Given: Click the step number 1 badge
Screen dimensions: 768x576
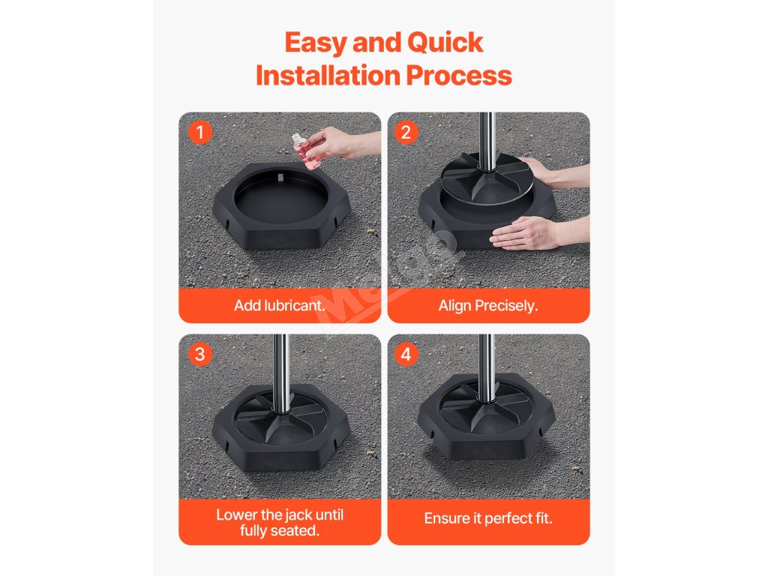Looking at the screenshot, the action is [x=199, y=132].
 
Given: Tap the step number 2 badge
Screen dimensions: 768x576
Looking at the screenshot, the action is [x=406, y=132].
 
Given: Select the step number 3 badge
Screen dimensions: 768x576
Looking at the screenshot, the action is [x=199, y=354].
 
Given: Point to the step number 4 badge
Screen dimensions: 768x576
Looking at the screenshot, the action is [x=406, y=354].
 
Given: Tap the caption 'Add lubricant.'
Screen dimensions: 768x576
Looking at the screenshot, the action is [x=280, y=306].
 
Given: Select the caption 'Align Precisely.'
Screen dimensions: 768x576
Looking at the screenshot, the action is [x=488, y=306].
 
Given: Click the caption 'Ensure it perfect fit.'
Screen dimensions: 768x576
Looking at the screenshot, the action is [x=488, y=518].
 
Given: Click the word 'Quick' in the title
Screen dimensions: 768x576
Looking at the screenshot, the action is [x=445, y=42].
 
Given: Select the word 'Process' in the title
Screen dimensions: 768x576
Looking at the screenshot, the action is [x=459, y=76].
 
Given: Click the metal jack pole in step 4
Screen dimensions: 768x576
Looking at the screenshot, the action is [x=486, y=367].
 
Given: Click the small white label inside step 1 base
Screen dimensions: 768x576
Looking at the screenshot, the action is [x=280, y=178].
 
